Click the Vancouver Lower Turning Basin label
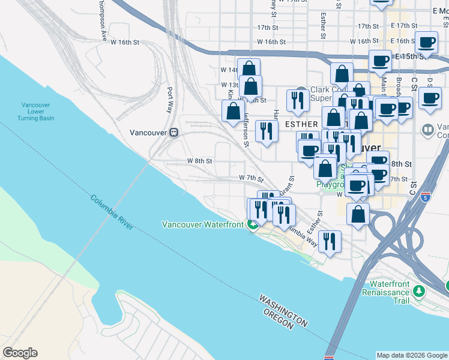pyautogui.click(x=38, y=111)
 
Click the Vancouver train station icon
pyautogui.click(x=173, y=132)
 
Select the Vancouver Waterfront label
pyautogui.click(x=202, y=224)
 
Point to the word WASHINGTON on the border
pyautogui.click(x=283, y=310)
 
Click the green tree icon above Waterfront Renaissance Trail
pyautogui.click(x=419, y=291)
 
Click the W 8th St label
pyautogui.click(x=199, y=161)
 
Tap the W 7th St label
pyautogui.click(x=252, y=178)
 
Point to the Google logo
pyautogui.click(x=20, y=353)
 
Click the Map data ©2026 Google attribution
pyautogui.click(x=412, y=355)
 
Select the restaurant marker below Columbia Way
pyautogui.click(x=330, y=242)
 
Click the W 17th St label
pyautogui.click(x=269, y=28)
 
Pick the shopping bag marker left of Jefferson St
pyautogui.click(x=233, y=112)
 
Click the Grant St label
pyautogui.click(x=288, y=186)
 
